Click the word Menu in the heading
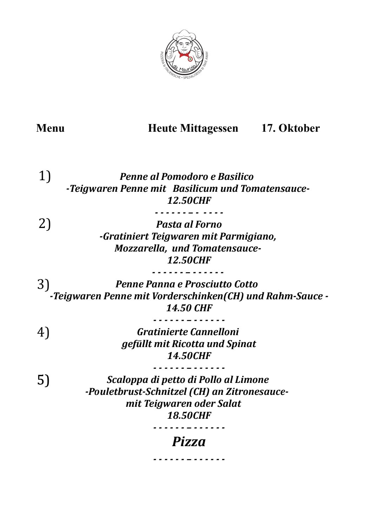click(x=50, y=128)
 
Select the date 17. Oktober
click(x=291, y=128)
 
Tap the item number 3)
click(x=43, y=284)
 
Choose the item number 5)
click(x=44, y=380)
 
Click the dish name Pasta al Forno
click(x=189, y=224)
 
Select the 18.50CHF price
click(x=189, y=416)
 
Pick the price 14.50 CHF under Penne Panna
click(x=189, y=308)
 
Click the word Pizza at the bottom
click(x=189, y=442)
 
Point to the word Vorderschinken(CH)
click(x=198, y=296)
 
